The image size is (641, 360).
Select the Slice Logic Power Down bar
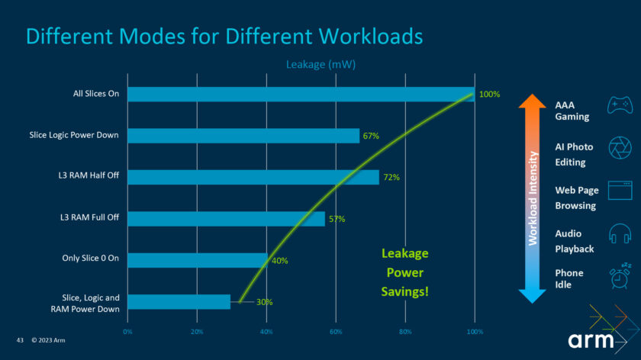pyautogui.click(x=243, y=136)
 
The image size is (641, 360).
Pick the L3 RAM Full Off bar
pyautogui.click(x=226, y=219)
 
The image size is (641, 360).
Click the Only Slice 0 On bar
pyautogui.click(x=198, y=260)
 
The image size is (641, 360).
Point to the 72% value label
pyautogui.click(x=391, y=177)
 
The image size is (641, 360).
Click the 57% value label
pyautogui.click(x=337, y=219)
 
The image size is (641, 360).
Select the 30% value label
pyautogui.click(x=265, y=302)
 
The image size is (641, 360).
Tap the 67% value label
pyautogui.click(x=371, y=136)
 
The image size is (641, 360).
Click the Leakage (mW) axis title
pyautogui.click(x=320, y=65)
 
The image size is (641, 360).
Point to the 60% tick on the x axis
pyautogui.click(x=336, y=332)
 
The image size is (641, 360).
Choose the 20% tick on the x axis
pyautogui.click(x=197, y=332)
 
